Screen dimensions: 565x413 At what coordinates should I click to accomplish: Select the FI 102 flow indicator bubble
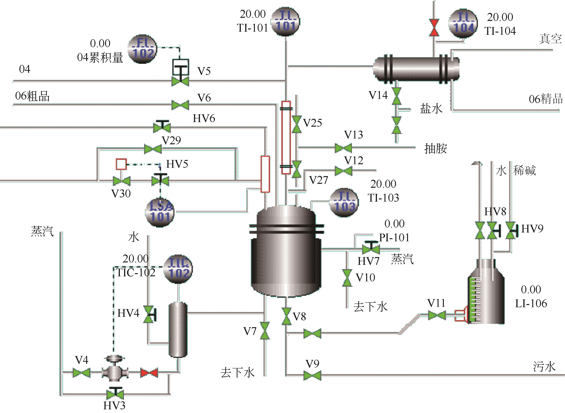(142, 49)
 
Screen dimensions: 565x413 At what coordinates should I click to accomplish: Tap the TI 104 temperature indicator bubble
(463, 24)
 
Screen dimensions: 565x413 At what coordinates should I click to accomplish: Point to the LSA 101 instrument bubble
(159, 213)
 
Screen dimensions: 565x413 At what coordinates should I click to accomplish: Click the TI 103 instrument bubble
(343, 203)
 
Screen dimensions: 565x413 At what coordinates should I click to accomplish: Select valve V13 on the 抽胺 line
(343, 148)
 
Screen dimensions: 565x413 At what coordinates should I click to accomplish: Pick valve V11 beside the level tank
(437, 315)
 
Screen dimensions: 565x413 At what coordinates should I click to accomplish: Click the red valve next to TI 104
(434, 28)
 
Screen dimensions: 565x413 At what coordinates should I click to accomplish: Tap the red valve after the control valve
(149, 373)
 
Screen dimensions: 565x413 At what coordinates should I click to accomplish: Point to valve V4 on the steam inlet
(81, 373)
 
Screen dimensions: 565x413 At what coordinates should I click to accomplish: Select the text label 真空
(550, 39)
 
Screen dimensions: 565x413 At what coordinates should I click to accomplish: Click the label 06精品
(546, 99)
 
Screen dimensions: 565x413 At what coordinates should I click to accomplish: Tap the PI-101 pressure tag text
(394, 237)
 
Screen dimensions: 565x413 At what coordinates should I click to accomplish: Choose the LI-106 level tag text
(531, 303)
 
